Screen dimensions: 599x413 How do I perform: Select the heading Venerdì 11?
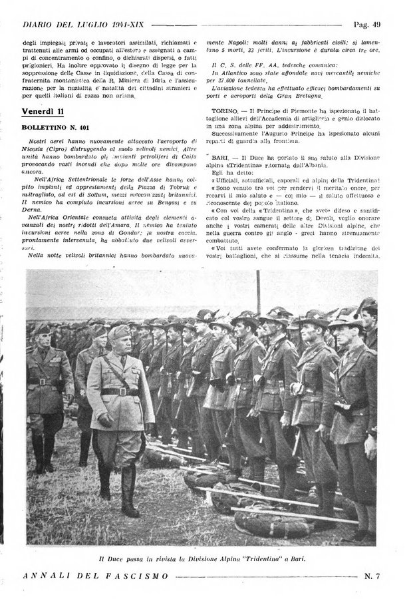tap(41, 109)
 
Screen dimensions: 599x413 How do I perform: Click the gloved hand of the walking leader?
tap(105, 420)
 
